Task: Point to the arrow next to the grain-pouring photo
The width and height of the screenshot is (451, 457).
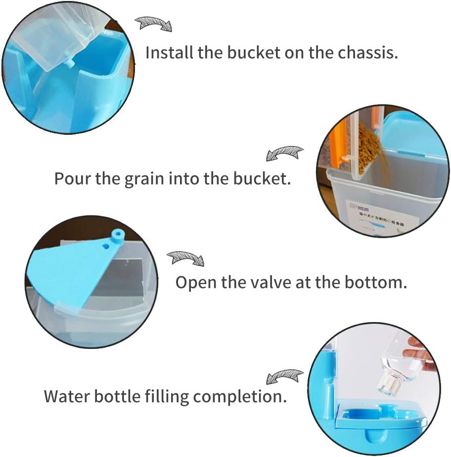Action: [285, 153]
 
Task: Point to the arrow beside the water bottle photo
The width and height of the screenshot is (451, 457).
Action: [284, 377]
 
